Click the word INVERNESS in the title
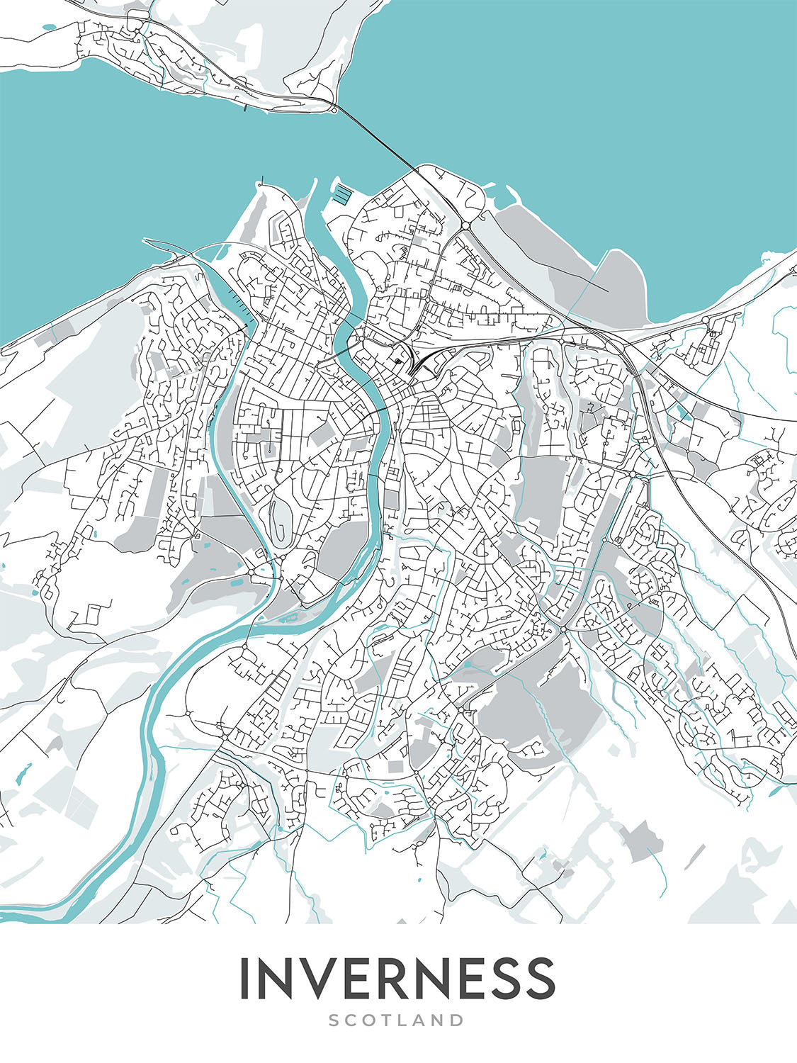[397, 977]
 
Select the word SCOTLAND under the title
[397, 1020]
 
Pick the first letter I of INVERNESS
[245, 977]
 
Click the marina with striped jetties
[342, 193]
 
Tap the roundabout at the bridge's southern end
[465, 225]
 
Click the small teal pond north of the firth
[47, 28]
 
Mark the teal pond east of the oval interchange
[681, 410]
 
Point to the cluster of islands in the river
[287, 619]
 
